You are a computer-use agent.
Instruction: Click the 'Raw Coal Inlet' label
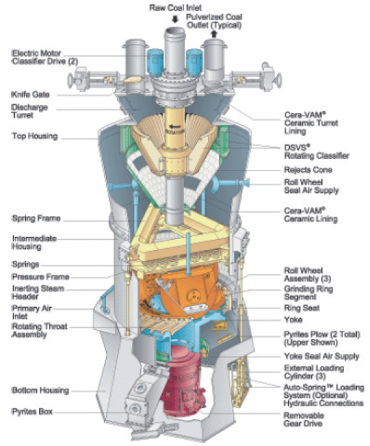175,8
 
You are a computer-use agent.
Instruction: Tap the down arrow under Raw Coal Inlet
175,19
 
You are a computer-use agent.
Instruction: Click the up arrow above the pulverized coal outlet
214,34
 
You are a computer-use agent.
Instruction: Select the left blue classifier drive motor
155,62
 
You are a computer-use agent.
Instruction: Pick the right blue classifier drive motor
194,62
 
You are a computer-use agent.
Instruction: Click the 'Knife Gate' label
31,94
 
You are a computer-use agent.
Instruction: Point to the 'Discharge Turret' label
29,111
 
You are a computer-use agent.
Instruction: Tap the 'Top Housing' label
35,136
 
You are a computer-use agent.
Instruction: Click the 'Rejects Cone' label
308,170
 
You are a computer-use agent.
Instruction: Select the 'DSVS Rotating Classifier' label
317,152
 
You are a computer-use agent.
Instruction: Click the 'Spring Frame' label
36,218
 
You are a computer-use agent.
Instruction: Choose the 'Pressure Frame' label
40,276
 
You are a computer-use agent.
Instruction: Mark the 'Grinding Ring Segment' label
309,293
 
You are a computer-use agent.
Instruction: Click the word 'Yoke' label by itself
293,319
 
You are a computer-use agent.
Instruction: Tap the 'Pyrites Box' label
32,412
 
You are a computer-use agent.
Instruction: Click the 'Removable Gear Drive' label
304,419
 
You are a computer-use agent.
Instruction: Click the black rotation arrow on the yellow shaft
175,127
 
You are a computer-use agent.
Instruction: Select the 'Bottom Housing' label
40,390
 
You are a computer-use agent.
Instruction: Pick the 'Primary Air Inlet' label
31,312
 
